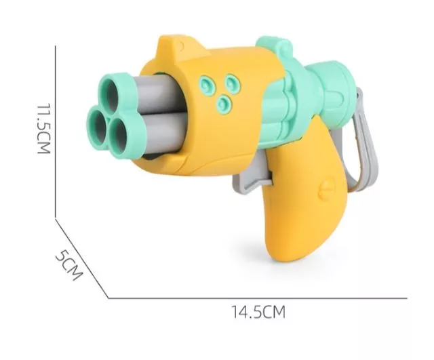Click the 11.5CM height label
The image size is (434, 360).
43,129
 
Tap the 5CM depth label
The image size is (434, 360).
69,265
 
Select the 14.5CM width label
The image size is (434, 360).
258,312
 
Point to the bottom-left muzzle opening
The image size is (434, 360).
98,127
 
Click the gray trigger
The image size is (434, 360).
250,174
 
